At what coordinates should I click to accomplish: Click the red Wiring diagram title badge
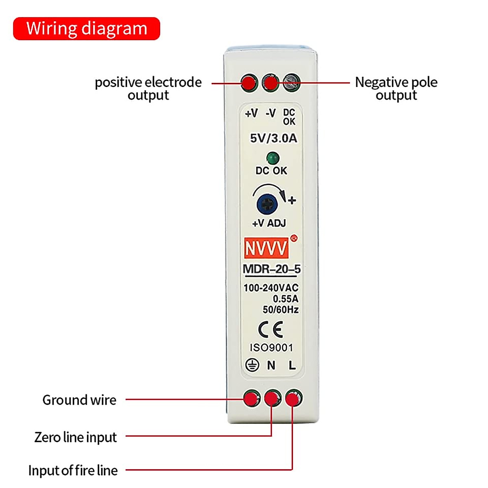[87, 29]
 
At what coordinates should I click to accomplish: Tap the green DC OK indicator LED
[272, 158]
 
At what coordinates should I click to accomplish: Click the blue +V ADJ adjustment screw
[267, 204]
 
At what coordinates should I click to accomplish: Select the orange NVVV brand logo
[266, 248]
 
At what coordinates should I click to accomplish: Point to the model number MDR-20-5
[272, 269]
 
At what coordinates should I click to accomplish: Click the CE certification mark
[271, 330]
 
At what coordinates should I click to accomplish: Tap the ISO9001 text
[271, 348]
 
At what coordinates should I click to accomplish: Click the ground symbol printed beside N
[252, 365]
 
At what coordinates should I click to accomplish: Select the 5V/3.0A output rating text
[273, 138]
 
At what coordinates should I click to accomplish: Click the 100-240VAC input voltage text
[271, 288]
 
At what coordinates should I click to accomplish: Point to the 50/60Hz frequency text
[281, 310]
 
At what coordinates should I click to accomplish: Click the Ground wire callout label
[79, 400]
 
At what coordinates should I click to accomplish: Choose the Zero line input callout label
[76, 438]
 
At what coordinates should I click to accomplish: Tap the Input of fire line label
[73, 471]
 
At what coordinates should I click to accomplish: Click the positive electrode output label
[148, 89]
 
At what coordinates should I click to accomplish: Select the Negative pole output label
[396, 89]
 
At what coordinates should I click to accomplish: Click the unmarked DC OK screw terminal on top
[291, 83]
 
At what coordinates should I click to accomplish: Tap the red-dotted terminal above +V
[249, 83]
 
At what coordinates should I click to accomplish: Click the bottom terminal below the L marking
[293, 399]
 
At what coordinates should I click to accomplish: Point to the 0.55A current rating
[285, 299]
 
